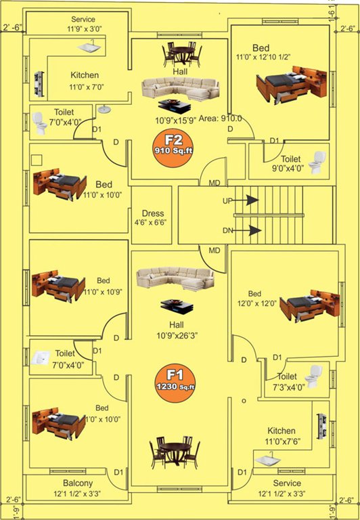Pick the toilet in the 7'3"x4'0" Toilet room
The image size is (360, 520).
tap(313, 376)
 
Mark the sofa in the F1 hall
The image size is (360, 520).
tap(175, 279)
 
